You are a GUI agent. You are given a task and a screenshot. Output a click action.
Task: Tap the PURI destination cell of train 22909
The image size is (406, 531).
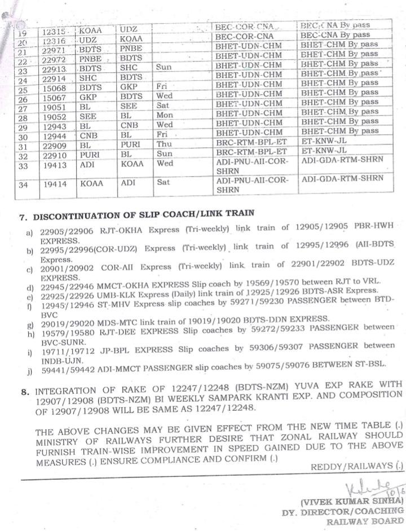coord(129,144)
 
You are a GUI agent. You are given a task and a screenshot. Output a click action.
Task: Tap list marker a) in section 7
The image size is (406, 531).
coord(28,232)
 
